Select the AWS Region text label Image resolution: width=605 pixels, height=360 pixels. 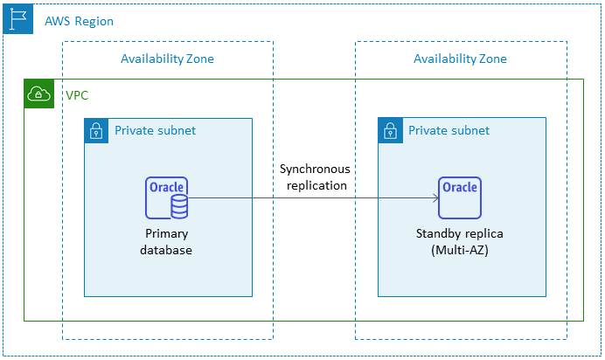tap(79, 21)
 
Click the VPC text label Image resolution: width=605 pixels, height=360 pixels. tap(77, 94)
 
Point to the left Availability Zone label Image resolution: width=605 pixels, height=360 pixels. tap(167, 59)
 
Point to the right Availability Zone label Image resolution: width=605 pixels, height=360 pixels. tap(460, 59)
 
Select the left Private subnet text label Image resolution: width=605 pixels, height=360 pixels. tap(155, 131)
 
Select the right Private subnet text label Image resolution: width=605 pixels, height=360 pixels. tap(449, 131)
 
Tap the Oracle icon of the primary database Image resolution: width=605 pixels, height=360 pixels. tap(166, 197)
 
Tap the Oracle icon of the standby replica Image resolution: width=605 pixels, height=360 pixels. tap(460, 197)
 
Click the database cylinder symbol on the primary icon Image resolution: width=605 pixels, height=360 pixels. tap(178, 206)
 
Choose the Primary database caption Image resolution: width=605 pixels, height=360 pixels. tap(166, 242)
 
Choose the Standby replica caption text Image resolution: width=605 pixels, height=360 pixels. tap(460, 234)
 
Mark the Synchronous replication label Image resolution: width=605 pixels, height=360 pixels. tap(313, 177)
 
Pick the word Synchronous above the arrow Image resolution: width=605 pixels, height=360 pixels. tap(313, 169)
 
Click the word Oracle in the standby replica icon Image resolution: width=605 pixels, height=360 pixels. tap(460, 187)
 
